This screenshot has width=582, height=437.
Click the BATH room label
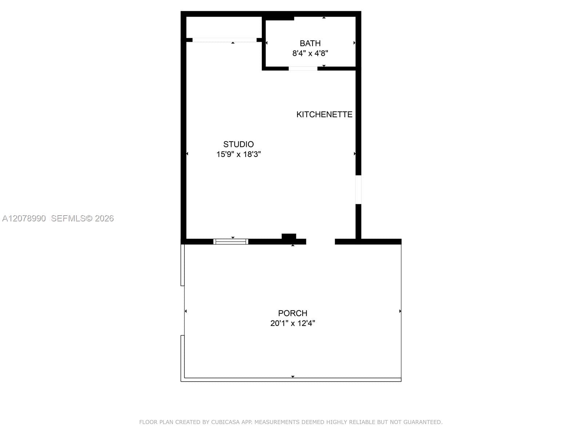point(310,43)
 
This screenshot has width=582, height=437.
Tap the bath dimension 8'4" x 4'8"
point(310,53)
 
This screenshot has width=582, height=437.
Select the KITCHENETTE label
point(324,114)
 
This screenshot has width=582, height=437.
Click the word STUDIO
point(238,144)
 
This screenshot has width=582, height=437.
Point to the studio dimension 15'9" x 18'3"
point(238,154)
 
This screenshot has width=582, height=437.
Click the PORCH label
point(292,313)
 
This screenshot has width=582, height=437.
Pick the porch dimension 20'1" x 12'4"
point(292,323)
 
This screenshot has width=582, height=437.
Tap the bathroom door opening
point(303,68)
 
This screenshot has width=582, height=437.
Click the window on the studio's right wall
point(358,190)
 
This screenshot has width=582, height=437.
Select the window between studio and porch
point(231,241)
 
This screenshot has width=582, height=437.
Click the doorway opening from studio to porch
point(320,241)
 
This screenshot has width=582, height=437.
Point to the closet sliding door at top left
point(224,40)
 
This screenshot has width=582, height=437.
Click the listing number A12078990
point(24,219)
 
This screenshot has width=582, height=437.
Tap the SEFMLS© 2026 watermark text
point(82,219)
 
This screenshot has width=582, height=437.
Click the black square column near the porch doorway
point(289,237)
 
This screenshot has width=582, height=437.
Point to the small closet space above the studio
point(224,27)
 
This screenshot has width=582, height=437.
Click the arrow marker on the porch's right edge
point(400,311)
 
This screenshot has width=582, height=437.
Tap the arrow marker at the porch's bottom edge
point(293,377)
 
